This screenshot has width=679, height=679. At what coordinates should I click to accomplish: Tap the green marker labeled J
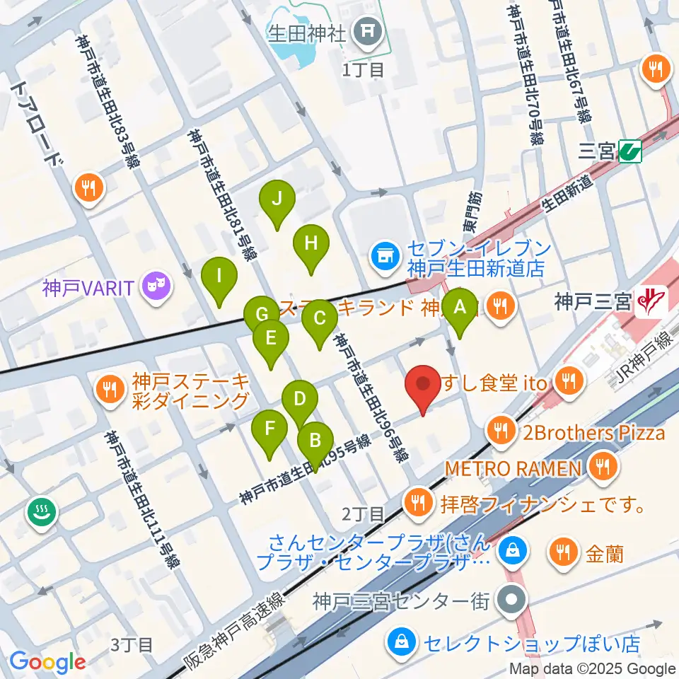(x=277, y=199)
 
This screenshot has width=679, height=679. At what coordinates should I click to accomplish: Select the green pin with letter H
(x=311, y=244)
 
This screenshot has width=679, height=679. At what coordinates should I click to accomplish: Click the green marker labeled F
(x=269, y=428)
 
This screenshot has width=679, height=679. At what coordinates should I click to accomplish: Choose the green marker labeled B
(x=315, y=442)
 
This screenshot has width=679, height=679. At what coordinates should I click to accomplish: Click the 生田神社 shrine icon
(x=368, y=30)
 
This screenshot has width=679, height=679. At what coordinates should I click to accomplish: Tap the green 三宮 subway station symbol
(x=629, y=151)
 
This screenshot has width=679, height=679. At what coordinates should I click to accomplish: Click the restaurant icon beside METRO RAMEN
(x=603, y=466)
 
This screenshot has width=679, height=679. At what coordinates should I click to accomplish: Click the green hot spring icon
(x=42, y=512)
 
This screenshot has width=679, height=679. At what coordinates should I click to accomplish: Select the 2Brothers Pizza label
(x=594, y=431)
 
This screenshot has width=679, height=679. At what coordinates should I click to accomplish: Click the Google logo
(x=47, y=662)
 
